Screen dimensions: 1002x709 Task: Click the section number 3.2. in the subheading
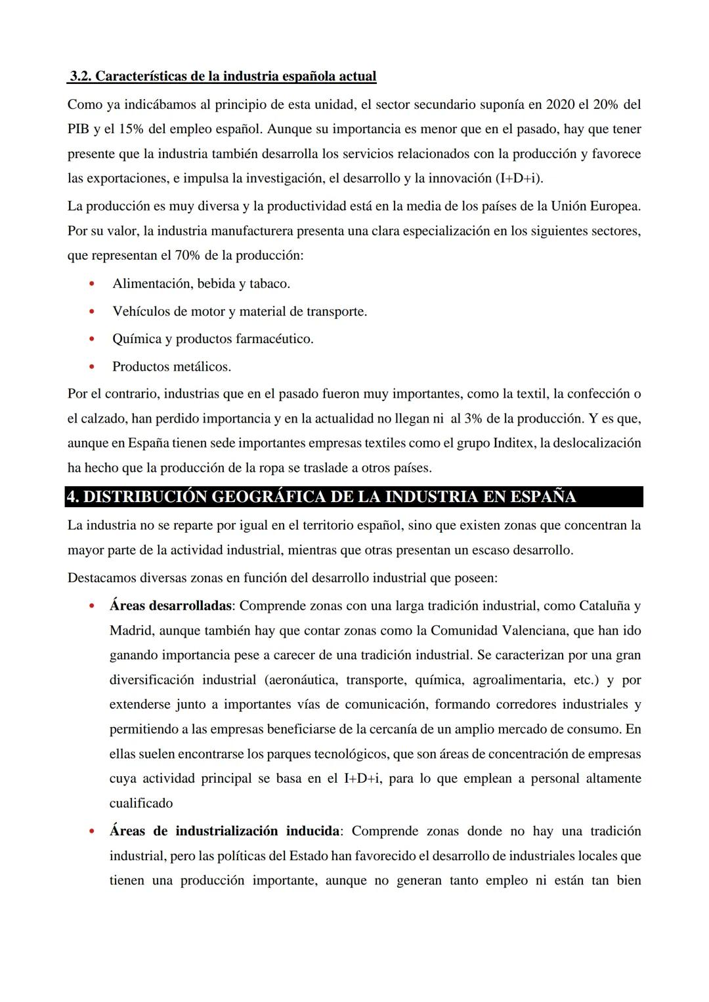tap(81, 76)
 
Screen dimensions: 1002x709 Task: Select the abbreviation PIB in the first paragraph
tap(79, 129)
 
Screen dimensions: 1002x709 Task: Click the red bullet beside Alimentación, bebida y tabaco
tap(92, 284)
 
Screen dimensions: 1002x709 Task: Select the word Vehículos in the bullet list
tap(140, 312)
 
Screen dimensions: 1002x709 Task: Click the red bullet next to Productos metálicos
tap(92, 367)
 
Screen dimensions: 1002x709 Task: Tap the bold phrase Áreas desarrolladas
tap(170, 606)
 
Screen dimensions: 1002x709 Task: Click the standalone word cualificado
tap(141, 803)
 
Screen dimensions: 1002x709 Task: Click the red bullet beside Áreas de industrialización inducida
tap(92, 831)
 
